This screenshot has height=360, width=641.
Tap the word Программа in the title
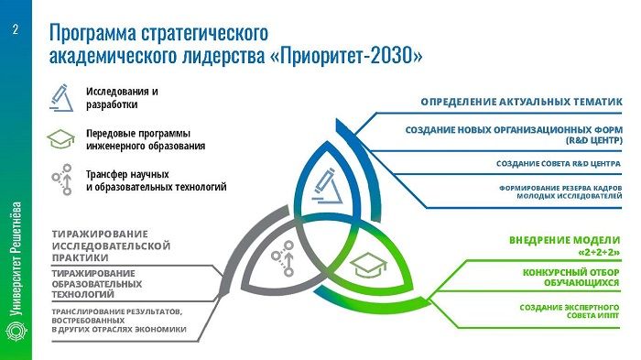click(100, 34)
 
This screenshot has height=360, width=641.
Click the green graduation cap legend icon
click(61, 138)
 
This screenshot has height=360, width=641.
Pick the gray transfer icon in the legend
click(62, 180)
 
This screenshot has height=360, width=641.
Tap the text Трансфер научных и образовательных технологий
click(156, 180)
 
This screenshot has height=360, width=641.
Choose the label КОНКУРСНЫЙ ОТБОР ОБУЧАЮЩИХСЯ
click(572, 278)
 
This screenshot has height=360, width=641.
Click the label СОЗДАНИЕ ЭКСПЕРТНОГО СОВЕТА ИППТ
click(570, 312)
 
